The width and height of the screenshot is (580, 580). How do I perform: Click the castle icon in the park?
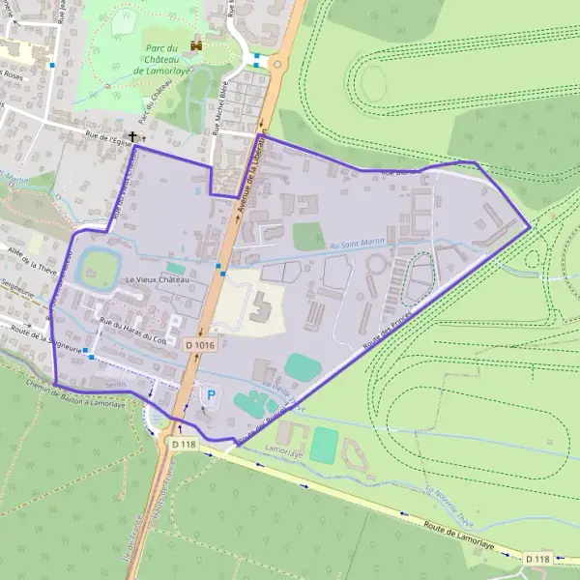(x=198, y=43)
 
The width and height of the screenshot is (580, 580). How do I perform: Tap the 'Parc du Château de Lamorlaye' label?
(x=166, y=60)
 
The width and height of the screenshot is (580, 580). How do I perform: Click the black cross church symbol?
(x=132, y=138)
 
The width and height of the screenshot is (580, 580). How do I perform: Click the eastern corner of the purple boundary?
(x=531, y=226)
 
